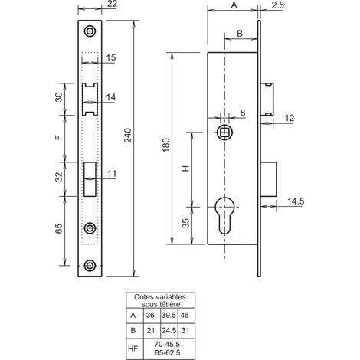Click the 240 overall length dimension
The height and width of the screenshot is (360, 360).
tap(128, 135)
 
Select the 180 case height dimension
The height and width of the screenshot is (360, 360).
tap(166, 145)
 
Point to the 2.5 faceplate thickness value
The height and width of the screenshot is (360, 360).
tap(277, 5)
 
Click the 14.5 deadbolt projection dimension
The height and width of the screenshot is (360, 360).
tap(296, 201)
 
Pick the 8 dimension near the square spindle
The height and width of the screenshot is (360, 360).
tap(243, 113)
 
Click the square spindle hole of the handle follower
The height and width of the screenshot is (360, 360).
tap(225, 133)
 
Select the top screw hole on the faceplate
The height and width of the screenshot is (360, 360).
tap(90, 31)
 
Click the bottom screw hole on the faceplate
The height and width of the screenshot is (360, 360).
tap(90, 265)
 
